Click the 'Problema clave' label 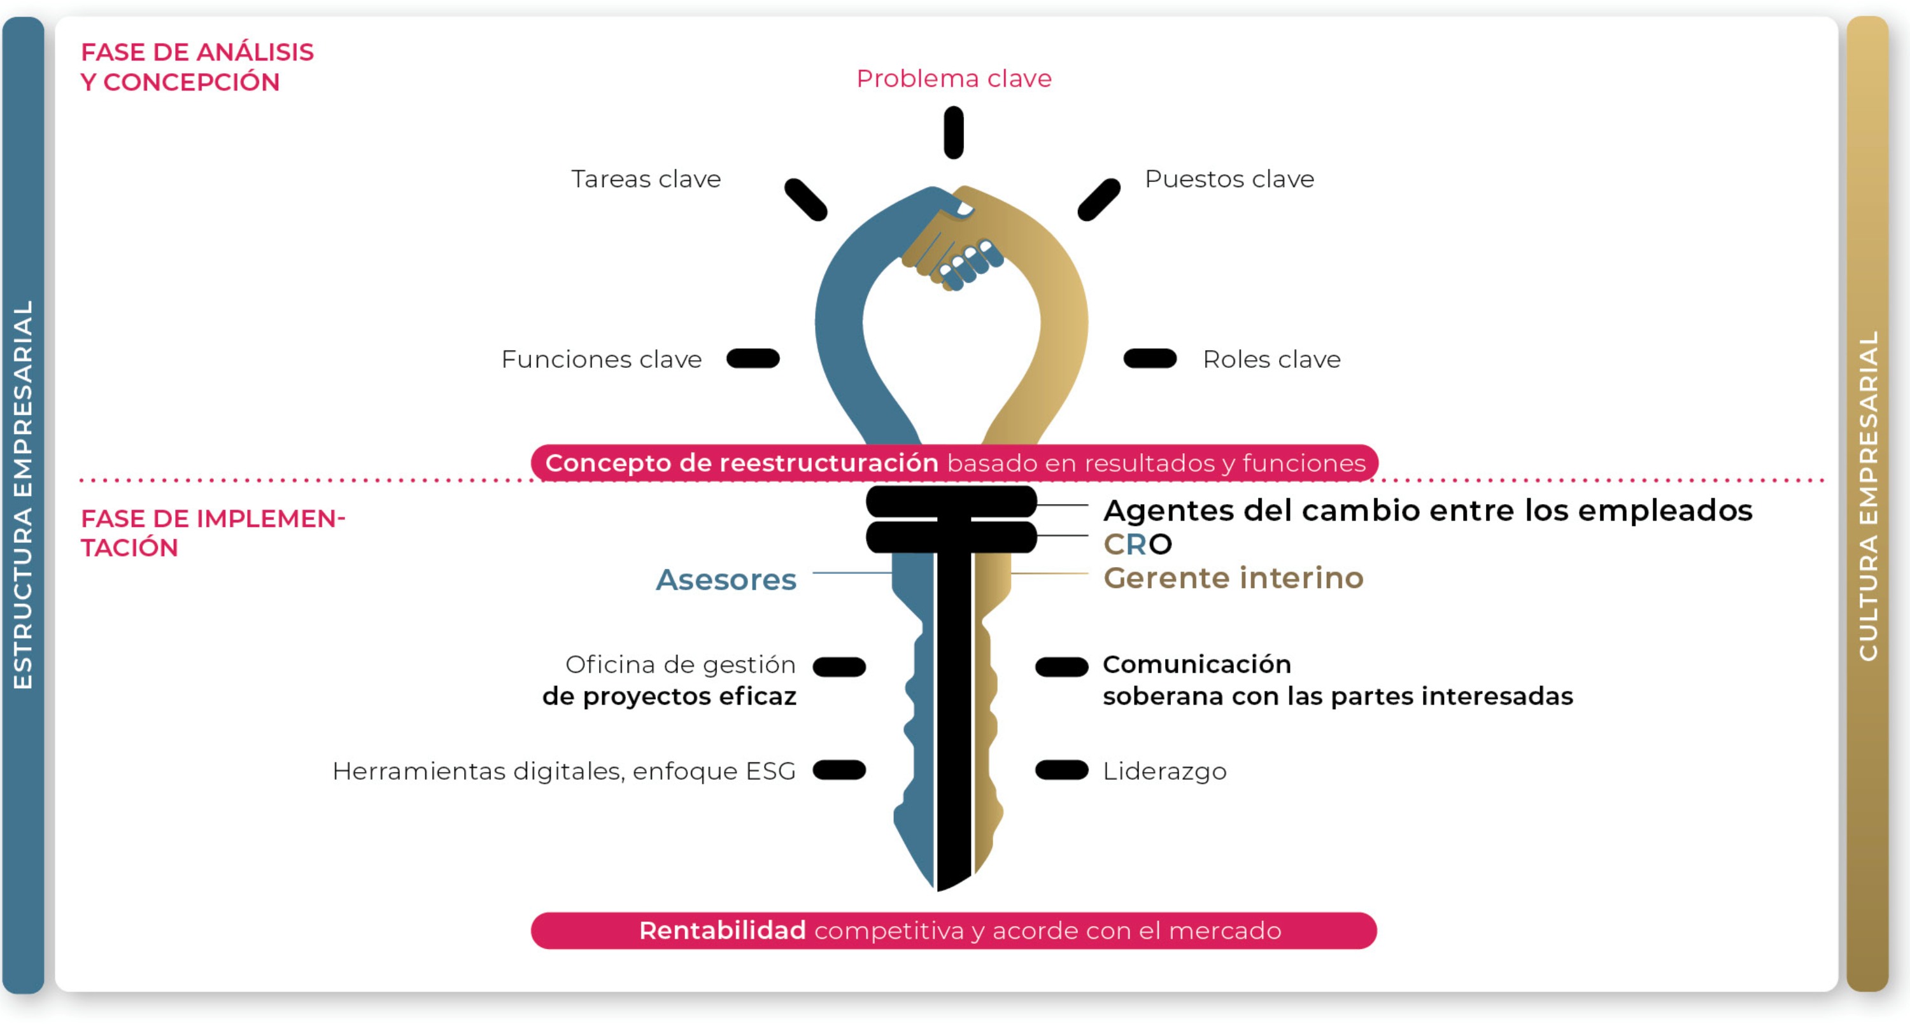tap(954, 78)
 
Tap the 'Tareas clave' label tap(646, 179)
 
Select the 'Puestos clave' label tap(1229, 179)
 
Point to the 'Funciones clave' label tap(601, 360)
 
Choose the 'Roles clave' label tap(1271, 360)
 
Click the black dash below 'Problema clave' tap(954, 132)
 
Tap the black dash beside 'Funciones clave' tap(753, 358)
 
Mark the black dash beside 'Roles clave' tap(1150, 358)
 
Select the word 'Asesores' tap(726, 579)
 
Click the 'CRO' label tap(1137, 545)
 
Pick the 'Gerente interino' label tap(1233, 578)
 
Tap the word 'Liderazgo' tap(1164, 771)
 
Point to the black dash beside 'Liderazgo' tap(1061, 771)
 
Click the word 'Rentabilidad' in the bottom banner tap(722, 930)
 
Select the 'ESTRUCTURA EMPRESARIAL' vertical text tap(23, 494)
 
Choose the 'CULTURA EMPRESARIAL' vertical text tap(1868, 495)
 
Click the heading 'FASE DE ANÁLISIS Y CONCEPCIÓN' tap(197, 67)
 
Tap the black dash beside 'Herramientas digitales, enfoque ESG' tap(839, 771)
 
